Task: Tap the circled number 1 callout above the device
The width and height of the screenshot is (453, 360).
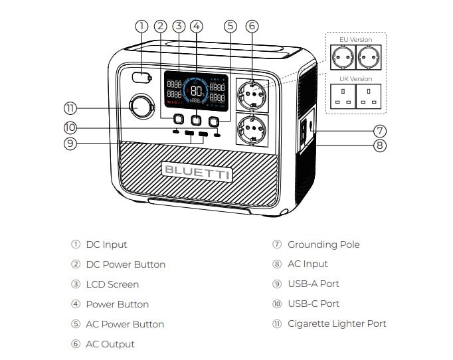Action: [141, 27]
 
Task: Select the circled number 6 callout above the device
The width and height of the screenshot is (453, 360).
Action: [251, 27]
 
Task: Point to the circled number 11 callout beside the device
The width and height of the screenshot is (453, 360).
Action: [71, 108]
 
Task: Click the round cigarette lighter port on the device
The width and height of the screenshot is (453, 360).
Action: [141, 107]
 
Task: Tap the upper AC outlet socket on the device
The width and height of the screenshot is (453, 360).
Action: [251, 95]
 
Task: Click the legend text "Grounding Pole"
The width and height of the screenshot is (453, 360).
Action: [323, 244]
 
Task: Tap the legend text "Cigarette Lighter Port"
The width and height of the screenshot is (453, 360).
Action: [337, 324]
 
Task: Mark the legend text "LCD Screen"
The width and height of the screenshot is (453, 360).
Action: [112, 284]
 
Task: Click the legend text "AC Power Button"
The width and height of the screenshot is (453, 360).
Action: [125, 324]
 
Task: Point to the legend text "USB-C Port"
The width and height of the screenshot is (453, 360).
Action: [314, 304]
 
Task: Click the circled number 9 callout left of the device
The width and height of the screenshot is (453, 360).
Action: [71, 143]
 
